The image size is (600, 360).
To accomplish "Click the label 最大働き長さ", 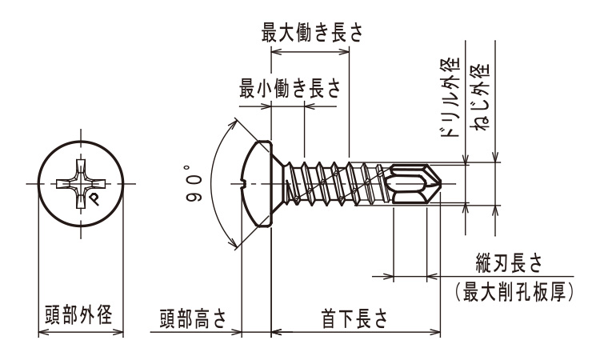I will point(312,34).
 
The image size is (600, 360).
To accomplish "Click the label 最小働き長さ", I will point(290,89).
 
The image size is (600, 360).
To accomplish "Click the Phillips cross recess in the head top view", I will point(81,185).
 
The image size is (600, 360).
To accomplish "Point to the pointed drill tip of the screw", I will point(438,185).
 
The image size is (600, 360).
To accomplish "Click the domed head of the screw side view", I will point(258,185).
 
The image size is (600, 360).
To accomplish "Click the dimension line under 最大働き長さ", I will point(310,51).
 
